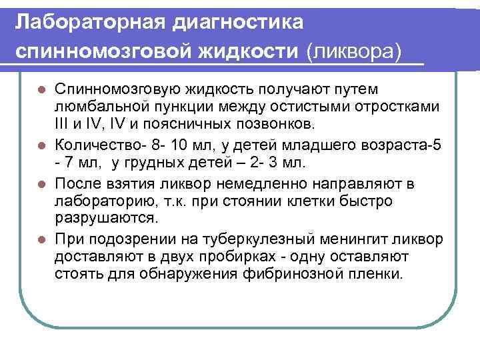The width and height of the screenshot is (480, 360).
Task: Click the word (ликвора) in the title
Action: pyautogui.click(x=354, y=50)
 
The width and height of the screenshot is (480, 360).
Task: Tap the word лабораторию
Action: pyautogui.click(x=100, y=201)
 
